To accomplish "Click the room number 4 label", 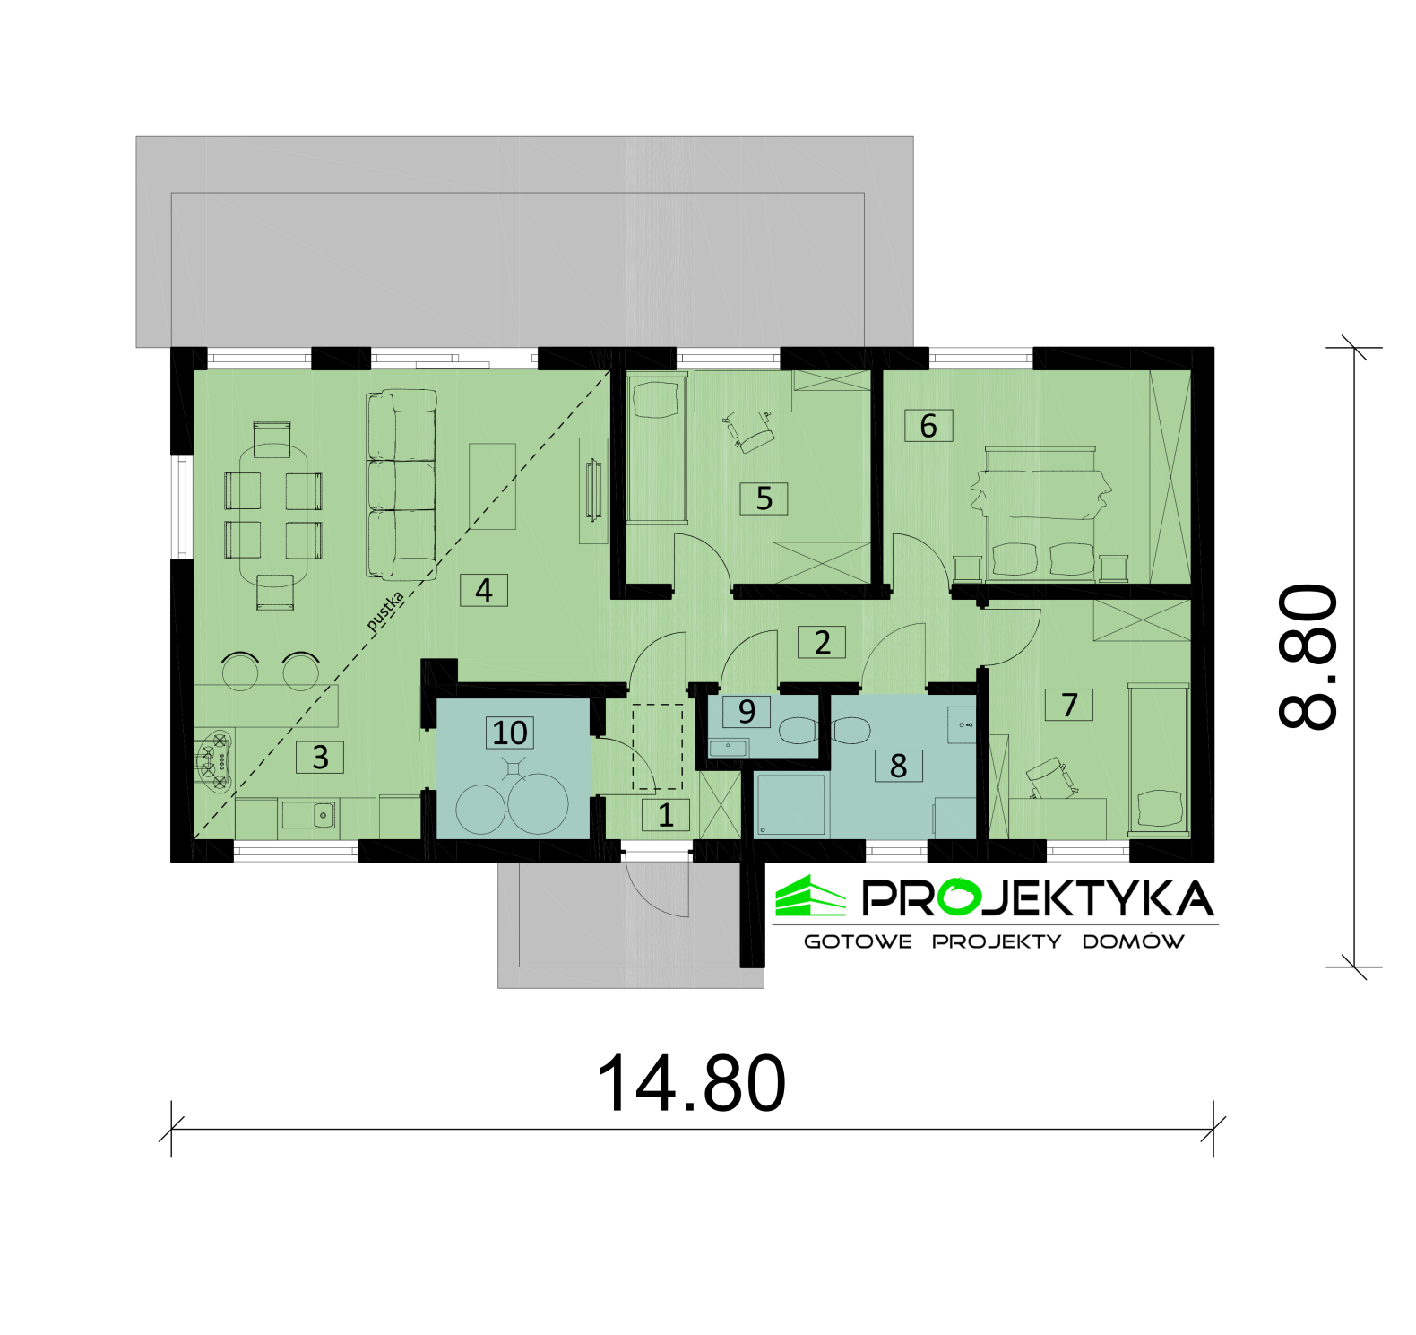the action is click(484, 591).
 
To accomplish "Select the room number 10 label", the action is click(510, 733).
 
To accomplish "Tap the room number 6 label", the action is click(928, 426).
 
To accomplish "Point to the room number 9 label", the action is click(747, 711).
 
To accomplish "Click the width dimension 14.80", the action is click(691, 1083).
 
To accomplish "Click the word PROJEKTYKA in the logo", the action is click(1038, 898).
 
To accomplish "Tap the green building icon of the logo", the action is click(810, 897).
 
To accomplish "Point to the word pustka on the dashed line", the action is click(385, 610).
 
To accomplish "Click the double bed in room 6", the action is click(1040, 511).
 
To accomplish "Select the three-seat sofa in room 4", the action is click(401, 484).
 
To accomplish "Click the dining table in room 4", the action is click(272, 516).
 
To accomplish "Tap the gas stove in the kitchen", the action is click(215, 761).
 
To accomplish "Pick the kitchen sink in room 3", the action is click(309, 815).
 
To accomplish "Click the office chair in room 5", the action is click(751, 431).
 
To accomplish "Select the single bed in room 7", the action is click(1159, 759).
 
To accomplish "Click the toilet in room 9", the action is click(799, 731).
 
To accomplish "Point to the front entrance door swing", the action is click(657, 888).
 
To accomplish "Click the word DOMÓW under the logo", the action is click(1133, 941).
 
